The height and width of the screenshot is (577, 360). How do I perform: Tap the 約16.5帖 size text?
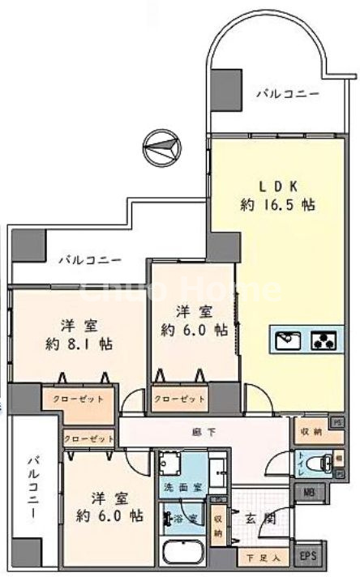tap(276, 205)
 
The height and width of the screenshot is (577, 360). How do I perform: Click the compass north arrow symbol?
tap(162, 148)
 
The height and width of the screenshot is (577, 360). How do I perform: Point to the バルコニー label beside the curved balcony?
tap(288, 95)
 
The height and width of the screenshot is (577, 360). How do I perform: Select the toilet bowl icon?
tap(325, 464)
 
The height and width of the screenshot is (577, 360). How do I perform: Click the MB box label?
tap(308, 491)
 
